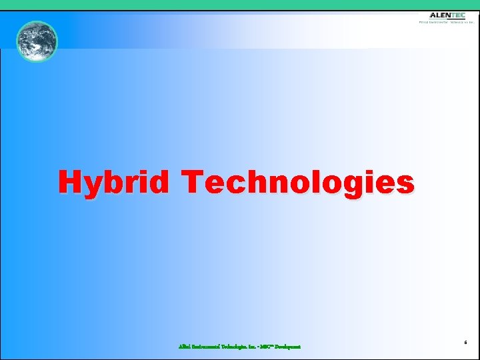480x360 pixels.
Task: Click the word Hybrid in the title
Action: (113, 182)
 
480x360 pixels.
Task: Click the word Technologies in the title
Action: (298, 182)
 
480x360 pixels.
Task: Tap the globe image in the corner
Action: (37, 41)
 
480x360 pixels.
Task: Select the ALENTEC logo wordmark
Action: (447, 15)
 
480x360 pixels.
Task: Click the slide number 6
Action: (465, 342)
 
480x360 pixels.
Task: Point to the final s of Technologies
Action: (405, 183)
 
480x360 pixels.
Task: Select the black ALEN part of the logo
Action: (439, 15)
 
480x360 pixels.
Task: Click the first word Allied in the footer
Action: (185, 347)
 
